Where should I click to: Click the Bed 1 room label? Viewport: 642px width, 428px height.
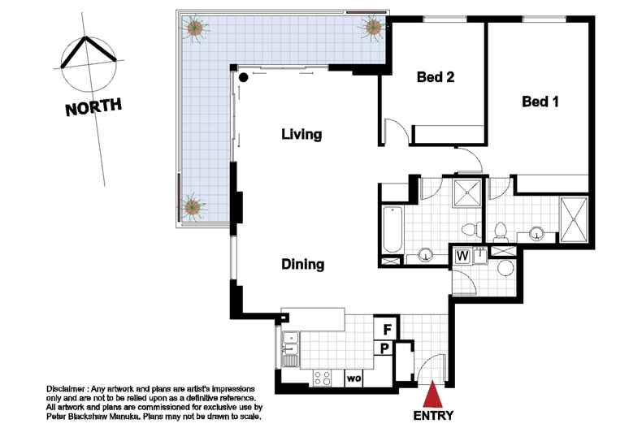coord(540,102)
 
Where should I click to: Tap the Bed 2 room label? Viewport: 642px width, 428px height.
coord(436,77)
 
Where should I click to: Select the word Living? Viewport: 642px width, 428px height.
coord(301,134)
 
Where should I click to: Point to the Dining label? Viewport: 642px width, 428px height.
coord(303,264)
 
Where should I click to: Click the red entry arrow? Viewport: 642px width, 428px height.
coord(433,394)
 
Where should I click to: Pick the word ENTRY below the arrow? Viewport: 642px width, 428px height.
coord(433,416)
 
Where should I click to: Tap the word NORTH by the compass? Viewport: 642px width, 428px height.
coord(93,107)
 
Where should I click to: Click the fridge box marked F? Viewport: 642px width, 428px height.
coord(386,329)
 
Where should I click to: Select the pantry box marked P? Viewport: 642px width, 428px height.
coord(385,348)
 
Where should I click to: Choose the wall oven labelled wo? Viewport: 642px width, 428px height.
coord(354,378)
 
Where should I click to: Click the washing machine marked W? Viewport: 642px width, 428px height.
coord(462,256)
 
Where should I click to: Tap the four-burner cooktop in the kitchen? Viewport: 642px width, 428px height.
coord(323,378)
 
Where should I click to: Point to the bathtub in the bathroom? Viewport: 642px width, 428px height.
coord(393,229)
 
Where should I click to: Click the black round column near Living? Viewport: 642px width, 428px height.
coord(243,77)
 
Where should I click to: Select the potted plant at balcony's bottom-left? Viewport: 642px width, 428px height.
coord(193,206)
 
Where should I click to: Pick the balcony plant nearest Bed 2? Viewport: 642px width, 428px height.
coord(373,28)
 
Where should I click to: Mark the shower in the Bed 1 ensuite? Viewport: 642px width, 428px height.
coord(574,220)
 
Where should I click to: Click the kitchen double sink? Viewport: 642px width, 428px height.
coord(290,344)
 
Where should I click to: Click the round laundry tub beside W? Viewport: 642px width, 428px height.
coord(505,268)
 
